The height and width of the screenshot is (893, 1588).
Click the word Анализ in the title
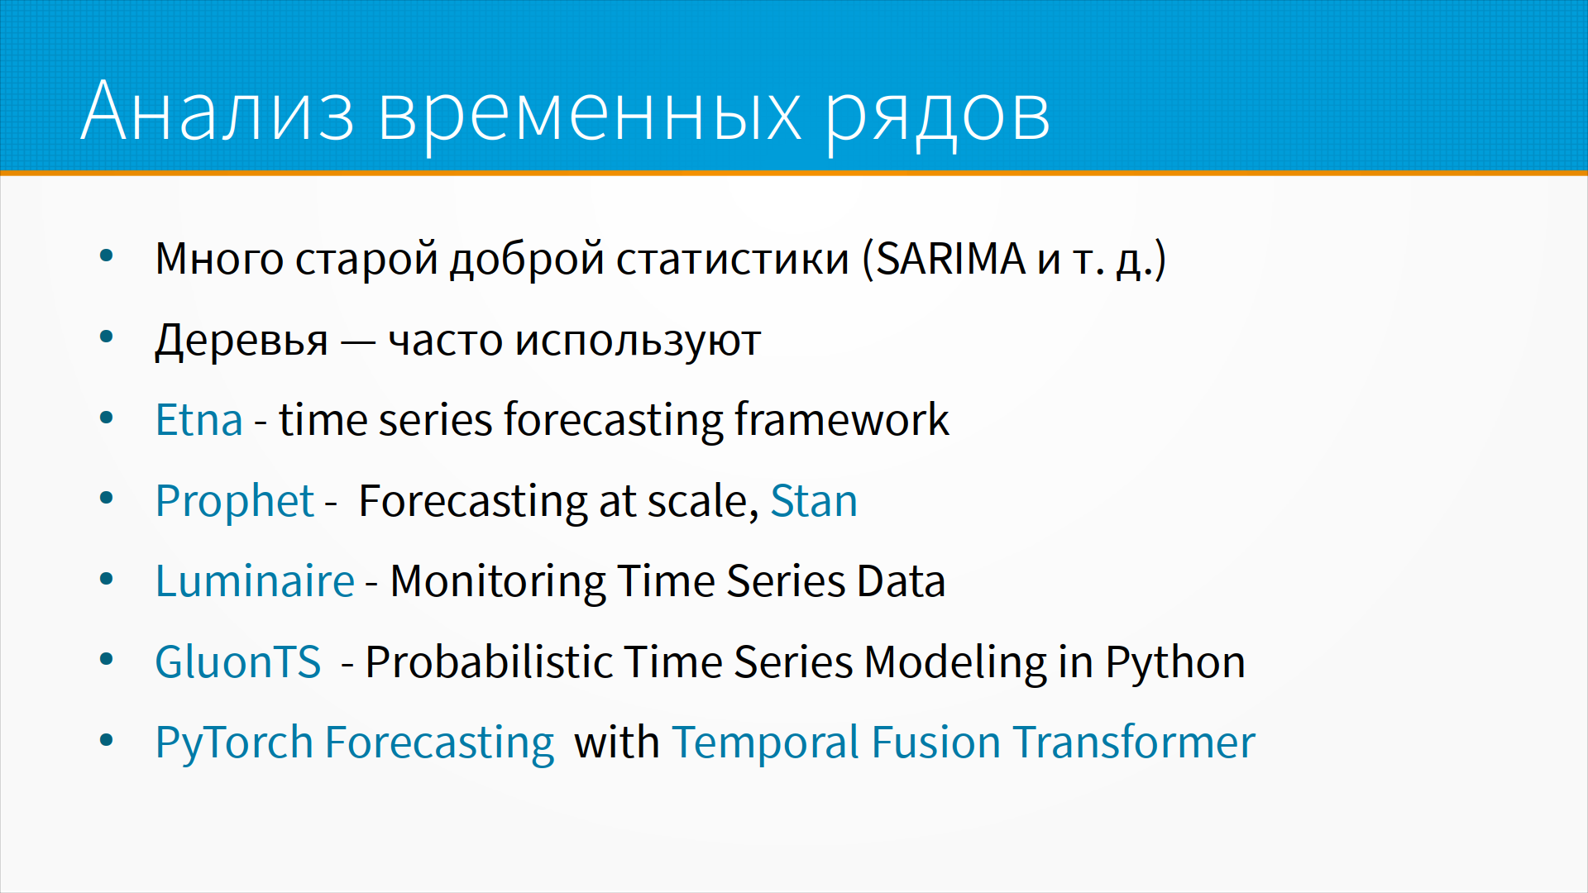218,111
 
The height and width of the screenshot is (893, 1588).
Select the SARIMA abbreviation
951,259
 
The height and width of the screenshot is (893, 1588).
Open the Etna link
199,420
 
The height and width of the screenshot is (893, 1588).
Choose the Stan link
814,501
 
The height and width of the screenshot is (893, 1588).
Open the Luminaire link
255,580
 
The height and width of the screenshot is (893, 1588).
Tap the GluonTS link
238,662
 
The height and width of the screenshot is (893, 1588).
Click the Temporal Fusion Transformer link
964,743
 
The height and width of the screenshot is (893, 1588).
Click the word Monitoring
498,582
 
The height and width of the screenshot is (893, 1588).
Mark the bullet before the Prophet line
107,499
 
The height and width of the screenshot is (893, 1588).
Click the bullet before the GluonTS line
107,660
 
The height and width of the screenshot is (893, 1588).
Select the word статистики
733,260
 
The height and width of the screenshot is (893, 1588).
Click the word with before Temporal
616,743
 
